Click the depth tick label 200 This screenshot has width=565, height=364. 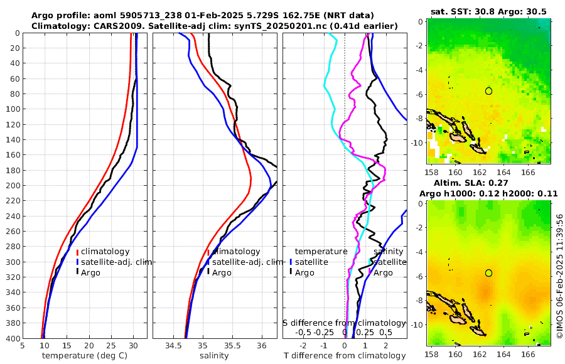pyautogui.click(x=12, y=186)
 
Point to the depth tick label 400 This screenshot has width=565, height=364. pyautogui.click(x=12, y=338)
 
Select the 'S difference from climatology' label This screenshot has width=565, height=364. pyautogui.click(x=345, y=322)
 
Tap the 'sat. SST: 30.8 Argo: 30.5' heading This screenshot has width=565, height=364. pyautogui.click(x=489, y=11)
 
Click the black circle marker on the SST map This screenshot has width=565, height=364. pyautogui.click(x=488, y=91)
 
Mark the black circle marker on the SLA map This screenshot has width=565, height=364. pyautogui.click(x=488, y=272)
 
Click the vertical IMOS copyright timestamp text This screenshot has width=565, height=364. pyautogui.click(x=559, y=277)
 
